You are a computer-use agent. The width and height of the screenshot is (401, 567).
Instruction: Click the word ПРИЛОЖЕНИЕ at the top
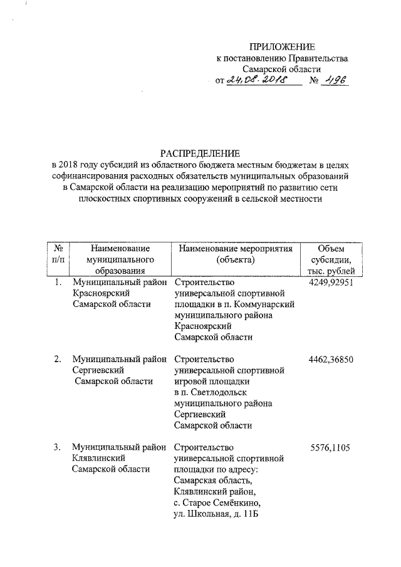282,47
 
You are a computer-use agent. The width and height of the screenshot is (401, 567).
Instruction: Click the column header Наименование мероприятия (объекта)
236,254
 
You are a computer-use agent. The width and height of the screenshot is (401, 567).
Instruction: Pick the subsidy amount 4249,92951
332,282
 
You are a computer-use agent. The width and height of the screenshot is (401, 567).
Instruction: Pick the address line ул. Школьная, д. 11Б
216,514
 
